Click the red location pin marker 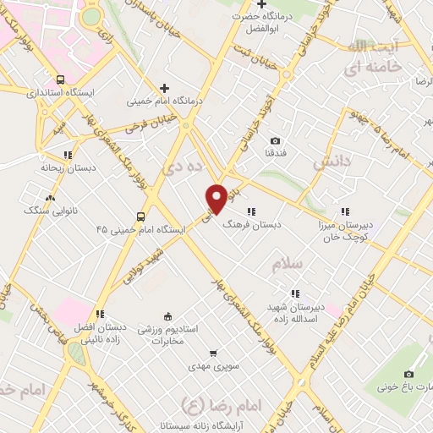pyautogui.click(x=216, y=198)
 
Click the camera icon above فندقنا pyautogui.click(x=275, y=140)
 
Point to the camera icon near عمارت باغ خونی pyautogui.click(x=409, y=374)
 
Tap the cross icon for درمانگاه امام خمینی pyautogui.click(x=165, y=88)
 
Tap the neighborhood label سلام pyautogui.click(x=288, y=265)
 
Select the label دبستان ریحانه pyautogui.click(x=65, y=167)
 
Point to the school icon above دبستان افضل pyautogui.click(x=100, y=314)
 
